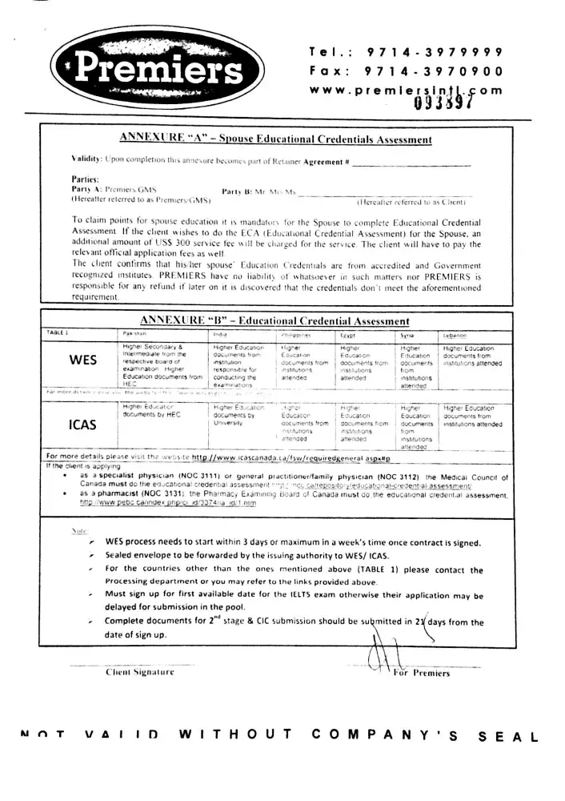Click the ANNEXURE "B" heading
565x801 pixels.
pos(274,321)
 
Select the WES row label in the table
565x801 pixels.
pos(83,360)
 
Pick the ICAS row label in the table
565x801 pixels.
pos(83,425)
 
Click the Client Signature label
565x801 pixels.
pos(140,673)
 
